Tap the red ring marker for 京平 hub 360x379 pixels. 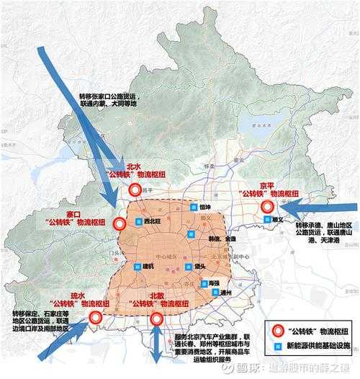[x=268, y=208]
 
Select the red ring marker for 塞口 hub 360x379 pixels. [x=120, y=224]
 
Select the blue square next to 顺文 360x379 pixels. [x=268, y=219]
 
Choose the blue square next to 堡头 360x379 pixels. [x=188, y=267]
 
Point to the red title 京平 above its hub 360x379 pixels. [x=266, y=184]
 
